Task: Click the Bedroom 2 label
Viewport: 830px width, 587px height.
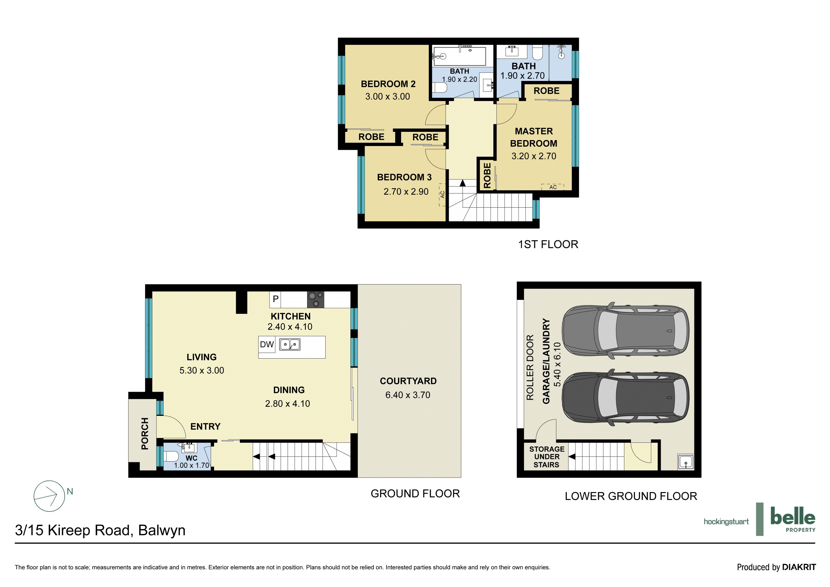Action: pos(388,84)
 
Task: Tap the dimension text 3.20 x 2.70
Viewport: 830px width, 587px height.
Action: pos(534,156)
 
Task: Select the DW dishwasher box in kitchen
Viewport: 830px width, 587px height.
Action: pos(267,344)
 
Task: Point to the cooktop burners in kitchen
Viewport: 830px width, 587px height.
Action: pos(315,300)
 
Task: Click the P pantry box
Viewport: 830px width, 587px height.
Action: pos(275,299)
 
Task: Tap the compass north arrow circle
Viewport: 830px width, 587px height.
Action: pos(49,496)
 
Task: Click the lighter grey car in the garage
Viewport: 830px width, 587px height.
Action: pos(625,331)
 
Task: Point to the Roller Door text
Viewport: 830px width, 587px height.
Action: pos(530,367)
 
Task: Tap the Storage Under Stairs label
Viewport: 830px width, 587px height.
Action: pos(546,457)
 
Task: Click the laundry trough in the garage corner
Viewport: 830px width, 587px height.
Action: pos(685,462)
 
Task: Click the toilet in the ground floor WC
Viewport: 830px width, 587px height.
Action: pos(171,456)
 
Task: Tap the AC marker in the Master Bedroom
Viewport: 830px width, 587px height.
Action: pos(552,187)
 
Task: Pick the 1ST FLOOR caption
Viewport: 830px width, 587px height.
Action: pos(548,244)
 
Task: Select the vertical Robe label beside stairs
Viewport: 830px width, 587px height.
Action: pos(487,175)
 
